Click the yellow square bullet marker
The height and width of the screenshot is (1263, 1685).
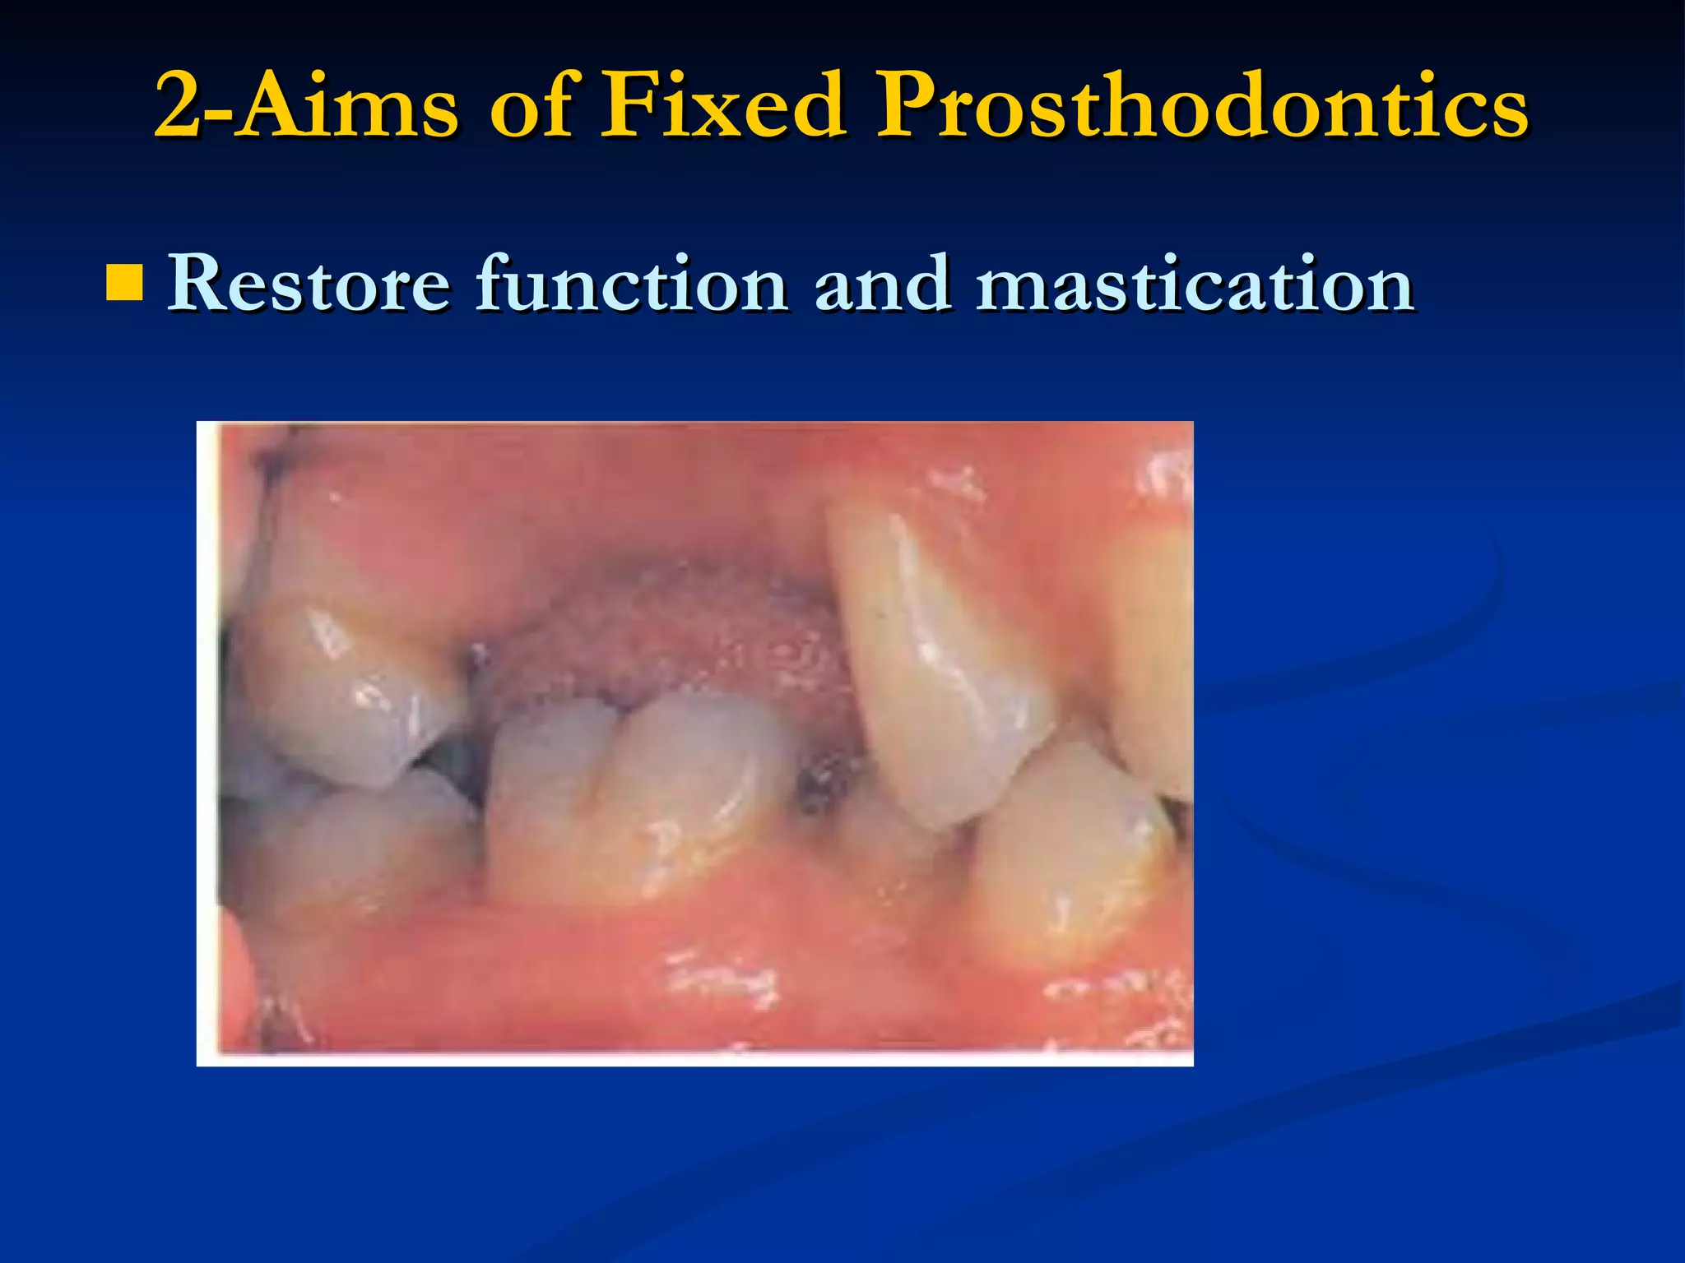coord(124,282)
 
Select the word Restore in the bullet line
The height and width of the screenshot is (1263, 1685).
coord(309,284)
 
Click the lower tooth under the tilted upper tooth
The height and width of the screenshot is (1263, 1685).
coord(1070,855)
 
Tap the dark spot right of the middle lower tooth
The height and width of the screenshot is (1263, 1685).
coord(823,781)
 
